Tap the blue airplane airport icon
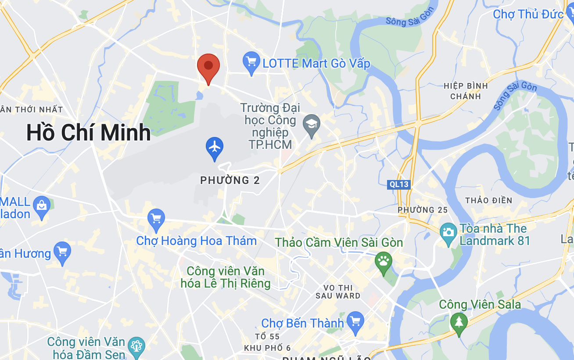(x=215, y=147)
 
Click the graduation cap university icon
(x=312, y=125)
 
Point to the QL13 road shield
(x=399, y=184)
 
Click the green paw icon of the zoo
(x=384, y=262)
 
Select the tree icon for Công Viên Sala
(x=459, y=322)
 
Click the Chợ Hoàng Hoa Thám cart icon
(x=156, y=219)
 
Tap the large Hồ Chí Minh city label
(x=89, y=133)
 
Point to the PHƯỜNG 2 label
(x=230, y=180)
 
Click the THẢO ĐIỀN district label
(x=488, y=201)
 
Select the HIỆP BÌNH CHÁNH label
(x=466, y=91)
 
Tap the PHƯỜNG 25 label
(x=423, y=210)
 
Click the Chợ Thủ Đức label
(x=528, y=14)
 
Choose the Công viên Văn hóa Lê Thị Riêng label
(x=226, y=277)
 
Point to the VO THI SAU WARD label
(x=338, y=292)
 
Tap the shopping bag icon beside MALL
(x=42, y=206)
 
